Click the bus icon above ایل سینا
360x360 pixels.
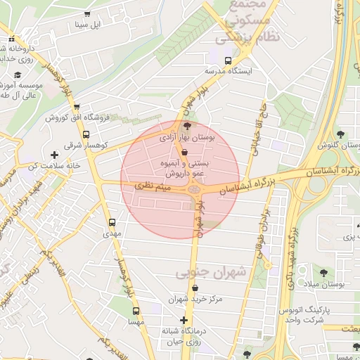click(x=86, y=13)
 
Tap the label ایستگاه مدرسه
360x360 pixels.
click(x=228, y=71)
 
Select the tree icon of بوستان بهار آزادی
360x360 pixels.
click(x=186, y=125)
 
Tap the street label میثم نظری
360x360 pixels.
click(x=153, y=186)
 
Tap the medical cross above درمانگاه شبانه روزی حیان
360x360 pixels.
click(x=184, y=320)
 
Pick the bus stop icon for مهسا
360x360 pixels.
click(x=136, y=310)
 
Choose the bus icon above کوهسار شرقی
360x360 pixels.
click(x=86, y=134)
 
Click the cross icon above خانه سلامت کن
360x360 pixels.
click(x=53, y=154)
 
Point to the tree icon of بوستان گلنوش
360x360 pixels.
click(x=341, y=134)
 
